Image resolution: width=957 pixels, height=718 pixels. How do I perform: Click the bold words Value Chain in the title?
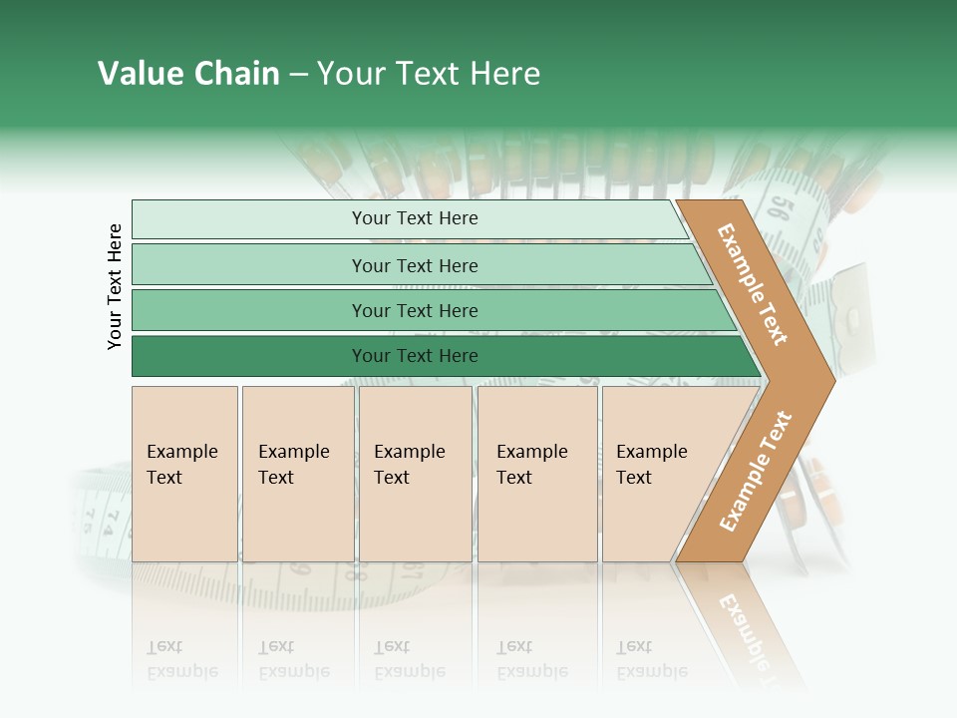[x=188, y=74]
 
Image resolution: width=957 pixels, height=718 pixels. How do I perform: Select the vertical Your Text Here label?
[x=115, y=286]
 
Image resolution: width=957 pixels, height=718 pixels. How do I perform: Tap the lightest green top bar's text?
[x=415, y=218]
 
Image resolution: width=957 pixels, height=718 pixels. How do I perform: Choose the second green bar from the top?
[x=415, y=265]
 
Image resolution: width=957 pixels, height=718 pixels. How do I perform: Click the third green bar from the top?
[x=415, y=311]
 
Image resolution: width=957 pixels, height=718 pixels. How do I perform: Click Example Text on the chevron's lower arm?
[x=756, y=471]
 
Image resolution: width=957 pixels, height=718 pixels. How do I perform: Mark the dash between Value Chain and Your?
[x=298, y=75]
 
